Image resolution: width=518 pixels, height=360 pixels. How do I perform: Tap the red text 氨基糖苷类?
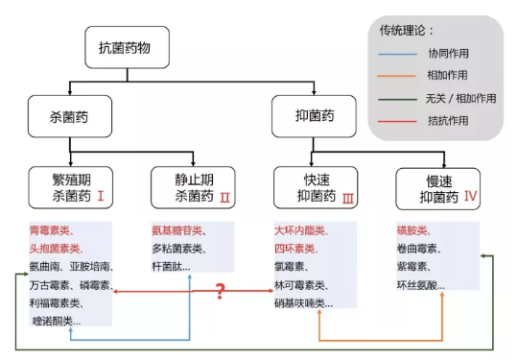[177, 231]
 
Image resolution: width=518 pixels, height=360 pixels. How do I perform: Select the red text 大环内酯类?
[300, 231]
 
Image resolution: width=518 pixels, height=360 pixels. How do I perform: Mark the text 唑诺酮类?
[56, 320]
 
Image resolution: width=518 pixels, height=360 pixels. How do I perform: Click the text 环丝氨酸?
[422, 285]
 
